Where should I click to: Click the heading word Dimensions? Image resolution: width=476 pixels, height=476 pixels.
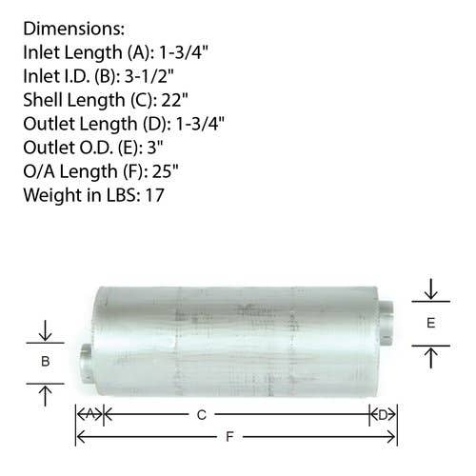click(x=73, y=29)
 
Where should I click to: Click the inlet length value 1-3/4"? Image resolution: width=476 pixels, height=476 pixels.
click(x=184, y=52)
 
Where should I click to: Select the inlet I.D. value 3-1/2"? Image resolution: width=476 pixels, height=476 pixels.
click(x=149, y=76)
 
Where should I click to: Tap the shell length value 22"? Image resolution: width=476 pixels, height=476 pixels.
click(x=175, y=100)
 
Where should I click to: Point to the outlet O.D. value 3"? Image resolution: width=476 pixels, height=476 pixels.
click(x=155, y=148)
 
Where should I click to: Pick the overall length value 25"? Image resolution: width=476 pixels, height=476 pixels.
click(x=166, y=171)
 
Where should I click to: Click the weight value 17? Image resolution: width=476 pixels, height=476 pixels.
click(x=154, y=195)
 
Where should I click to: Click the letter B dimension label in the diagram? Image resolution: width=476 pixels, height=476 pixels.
click(x=46, y=362)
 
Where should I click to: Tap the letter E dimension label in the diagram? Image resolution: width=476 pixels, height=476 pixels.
click(x=430, y=323)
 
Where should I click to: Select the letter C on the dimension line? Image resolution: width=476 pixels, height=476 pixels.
click(x=202, y=415)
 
